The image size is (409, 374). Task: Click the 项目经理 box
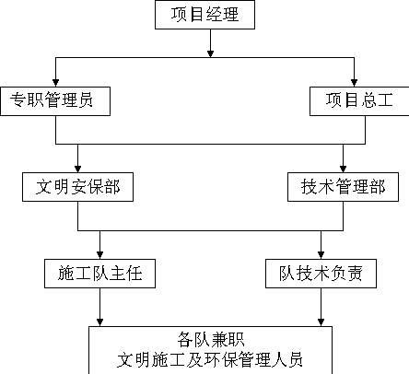click(204, 15)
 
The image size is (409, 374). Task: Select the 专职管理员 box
click(55, 101)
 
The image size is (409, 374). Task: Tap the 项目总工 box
click(359, 101)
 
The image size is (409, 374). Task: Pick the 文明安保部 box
click(77, 187)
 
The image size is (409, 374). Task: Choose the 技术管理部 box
click(343, 187)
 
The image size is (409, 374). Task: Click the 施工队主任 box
click(99, 274)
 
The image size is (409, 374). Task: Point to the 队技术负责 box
click(321, 274)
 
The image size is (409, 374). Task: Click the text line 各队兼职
click(211, 340)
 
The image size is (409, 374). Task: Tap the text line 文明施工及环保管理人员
click(210, 359)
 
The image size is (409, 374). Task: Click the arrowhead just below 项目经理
click(210, 54)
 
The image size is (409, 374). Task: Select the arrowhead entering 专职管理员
click(55, 83)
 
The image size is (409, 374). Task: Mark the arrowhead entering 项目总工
click(354, 83)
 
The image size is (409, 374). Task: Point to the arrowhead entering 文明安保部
click(77, 169)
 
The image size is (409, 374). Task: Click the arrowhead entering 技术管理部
click(343, 169)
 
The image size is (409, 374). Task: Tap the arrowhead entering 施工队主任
click(99, 255)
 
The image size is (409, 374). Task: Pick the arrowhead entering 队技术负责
click(321, 255)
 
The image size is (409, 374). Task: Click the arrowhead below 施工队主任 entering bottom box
click(99, 322)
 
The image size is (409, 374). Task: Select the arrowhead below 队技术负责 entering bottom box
click(321, 322)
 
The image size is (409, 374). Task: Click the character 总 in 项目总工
click(368, 100)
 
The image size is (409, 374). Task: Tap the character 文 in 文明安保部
click(44, 187)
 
